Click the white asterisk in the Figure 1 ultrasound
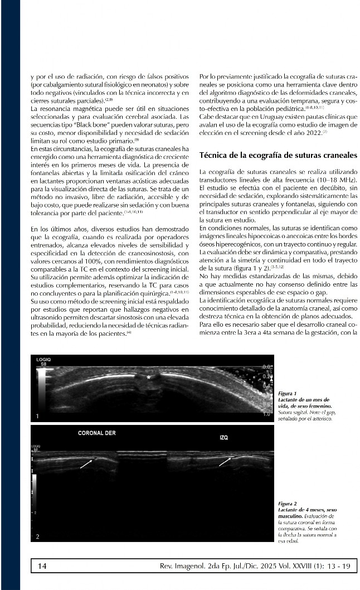148,378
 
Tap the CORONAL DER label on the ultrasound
97,432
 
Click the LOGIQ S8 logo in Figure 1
43,362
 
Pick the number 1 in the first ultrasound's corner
37,416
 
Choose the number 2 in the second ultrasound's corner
37,536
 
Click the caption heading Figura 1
288,394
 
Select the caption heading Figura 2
288,504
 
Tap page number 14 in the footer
42,567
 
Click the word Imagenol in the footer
187,567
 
